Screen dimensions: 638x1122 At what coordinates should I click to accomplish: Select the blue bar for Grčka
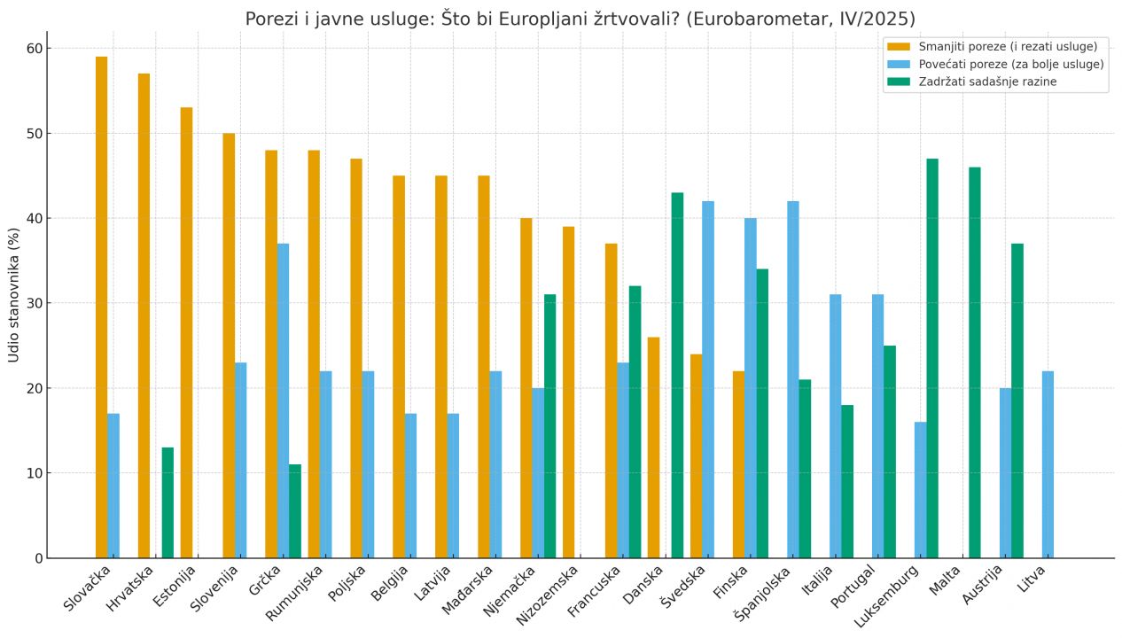pyautogui.click(x=283, y=401)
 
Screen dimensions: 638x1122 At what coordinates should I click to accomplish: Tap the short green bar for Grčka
pyautogui.click(x=295, y=511)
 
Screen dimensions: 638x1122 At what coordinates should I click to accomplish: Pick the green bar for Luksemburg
pyautogui.click(x=932, y=358)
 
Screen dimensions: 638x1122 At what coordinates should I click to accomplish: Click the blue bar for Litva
pyautogui.click(x=1048, y=464)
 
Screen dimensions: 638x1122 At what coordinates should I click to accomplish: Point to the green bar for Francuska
pyautogui.click(x=635, y=422)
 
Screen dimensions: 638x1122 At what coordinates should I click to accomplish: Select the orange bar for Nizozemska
pyautogui.click(x=568, y=393)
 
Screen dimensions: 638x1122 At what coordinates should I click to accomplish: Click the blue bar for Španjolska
pyautogui.click(x=792, y=379)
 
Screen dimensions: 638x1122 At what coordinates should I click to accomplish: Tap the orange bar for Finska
pyautogui.click(x=738, y=464)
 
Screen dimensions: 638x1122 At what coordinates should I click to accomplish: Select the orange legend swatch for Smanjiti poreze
pyautogui.click(x=899, y=46)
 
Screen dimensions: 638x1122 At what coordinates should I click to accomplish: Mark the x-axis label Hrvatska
pyautogui.click(x=131, y=588)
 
